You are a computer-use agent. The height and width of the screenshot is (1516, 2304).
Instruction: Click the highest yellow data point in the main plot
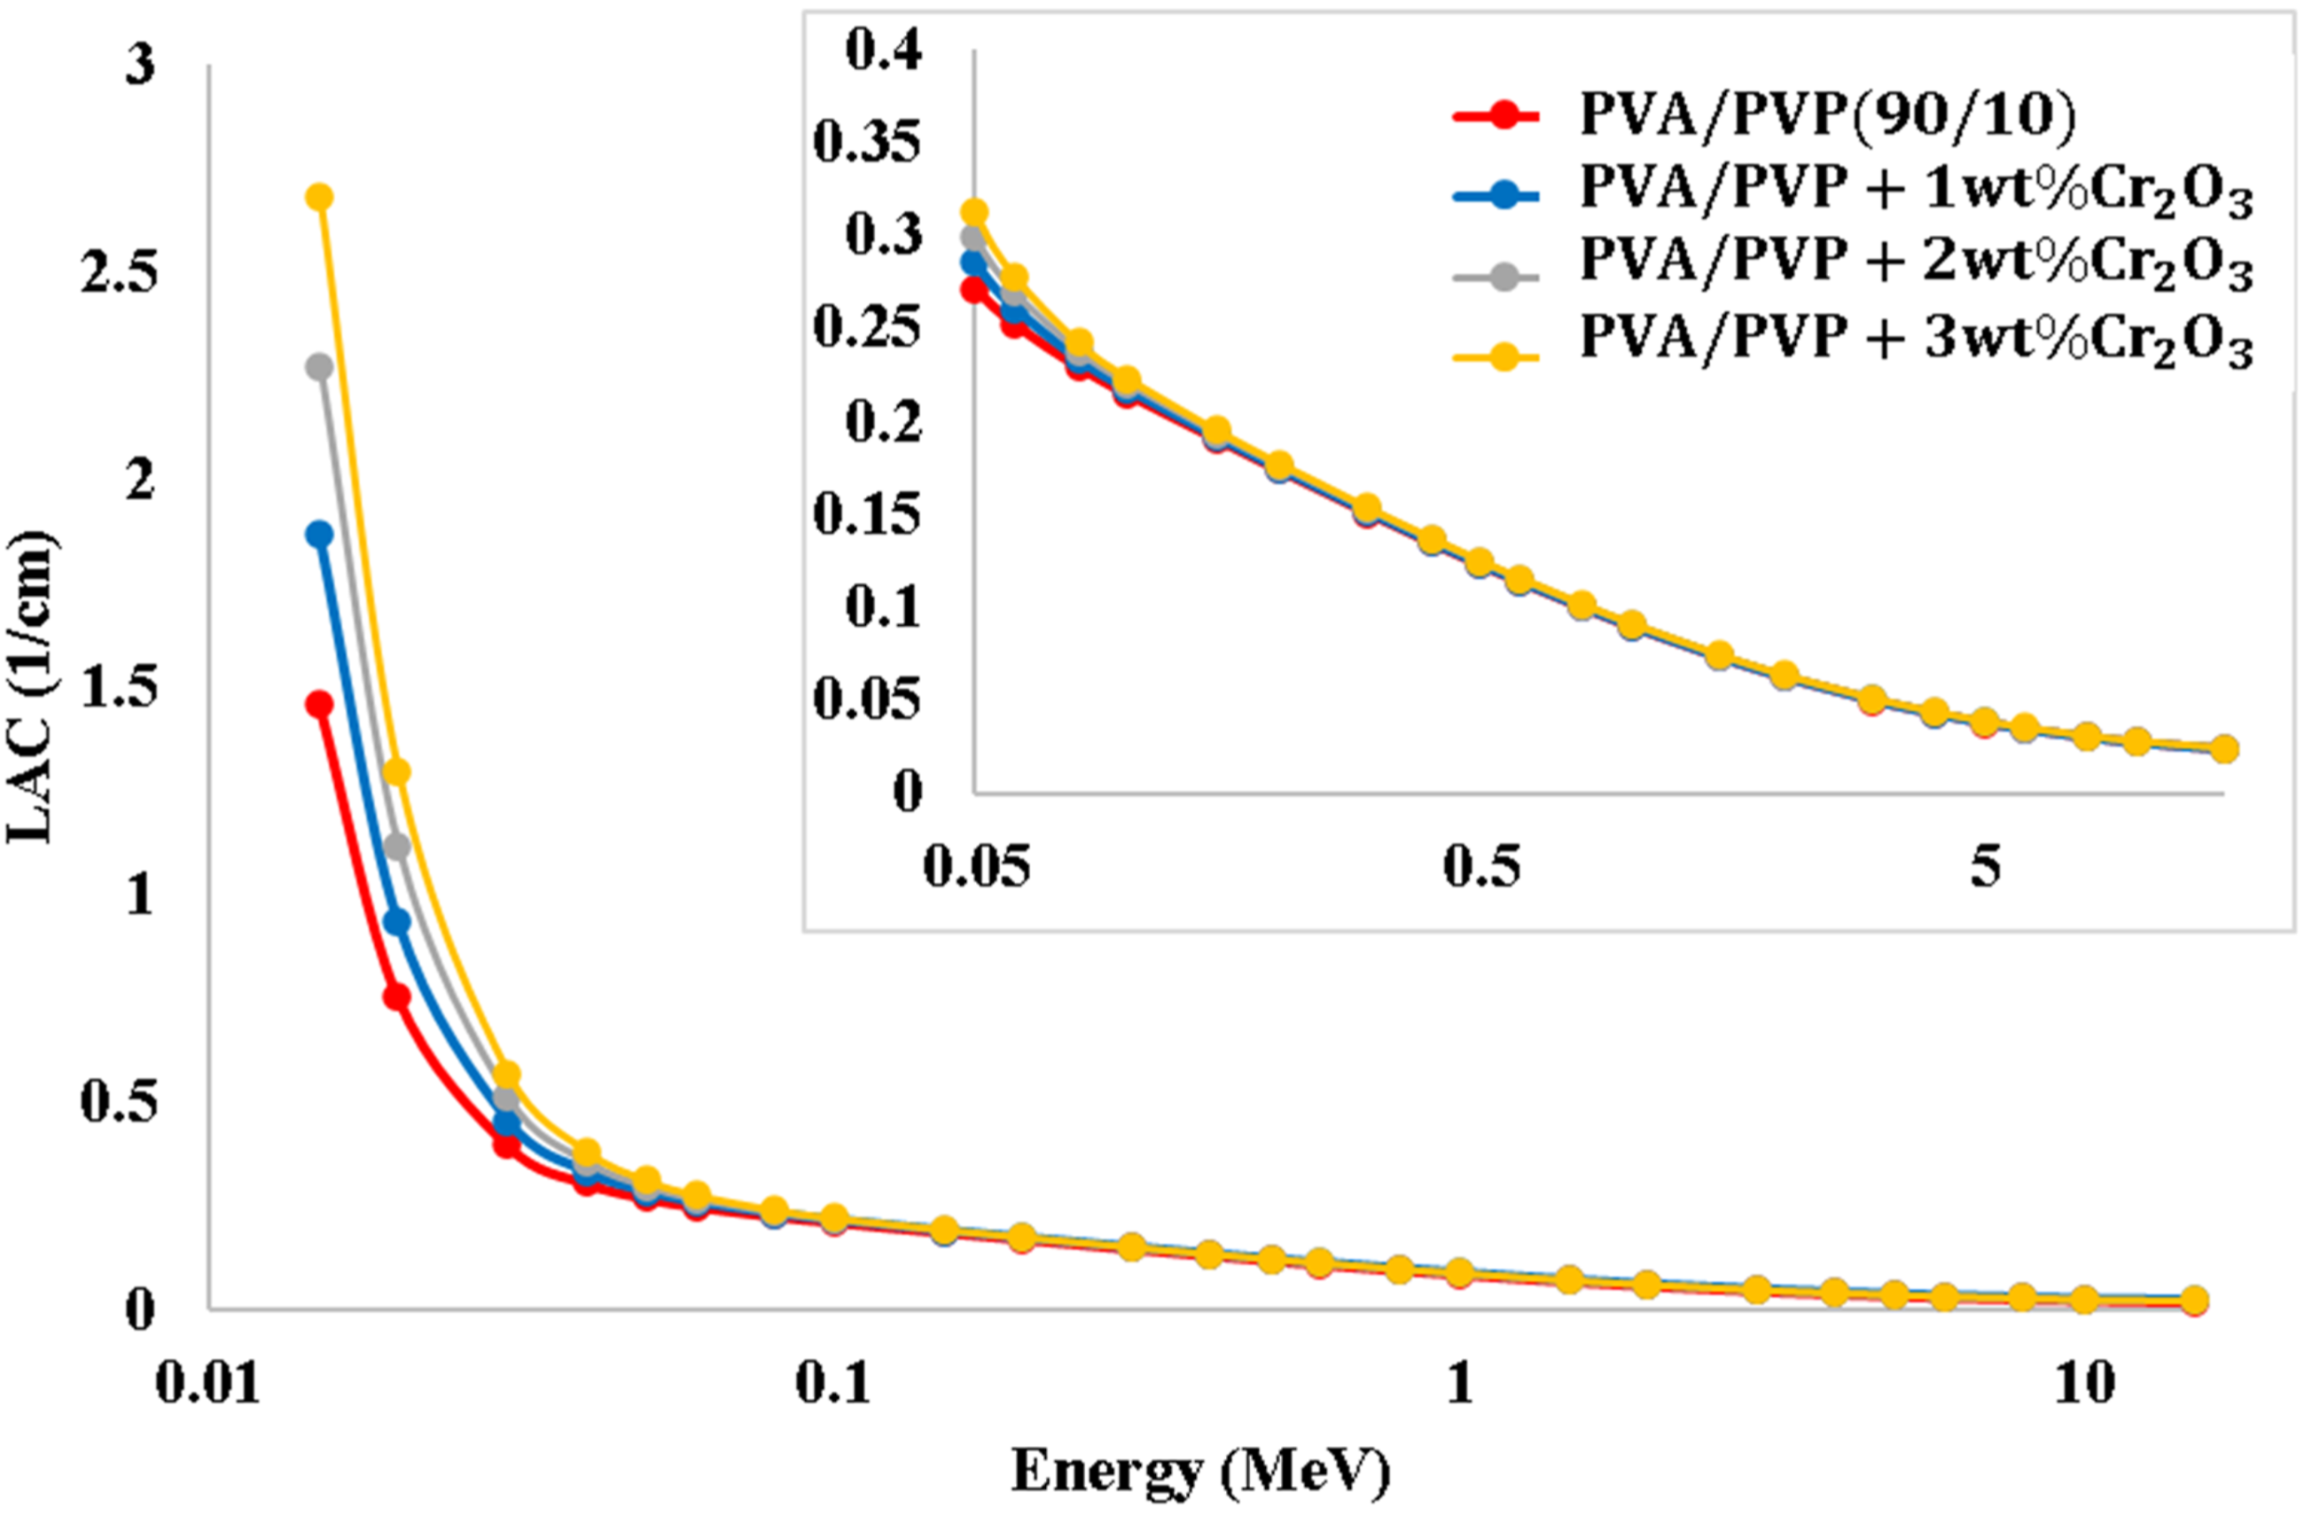tap(319, 198)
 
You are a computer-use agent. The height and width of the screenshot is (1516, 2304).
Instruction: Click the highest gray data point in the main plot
tap(319, 367)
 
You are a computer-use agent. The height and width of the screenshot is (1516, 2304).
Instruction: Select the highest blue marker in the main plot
tap(319, 535)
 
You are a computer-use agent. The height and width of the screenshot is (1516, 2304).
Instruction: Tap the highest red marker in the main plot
tap(319, 704)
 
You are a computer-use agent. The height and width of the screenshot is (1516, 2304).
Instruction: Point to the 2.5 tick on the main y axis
tap(118, 274)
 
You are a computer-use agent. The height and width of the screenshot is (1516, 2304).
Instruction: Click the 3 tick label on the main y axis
tap(140, 66)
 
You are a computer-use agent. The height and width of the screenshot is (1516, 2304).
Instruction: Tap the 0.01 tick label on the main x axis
tap(208, 1383)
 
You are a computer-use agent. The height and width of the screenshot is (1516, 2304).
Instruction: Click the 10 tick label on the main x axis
tap(2084, 1383)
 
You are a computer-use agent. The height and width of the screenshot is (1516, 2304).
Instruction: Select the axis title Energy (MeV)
tap(1200, 1472)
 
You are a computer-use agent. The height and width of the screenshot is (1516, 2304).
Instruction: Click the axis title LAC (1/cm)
tap(31, 687)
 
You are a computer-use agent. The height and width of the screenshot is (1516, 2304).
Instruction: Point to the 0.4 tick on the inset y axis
tap(884, 51)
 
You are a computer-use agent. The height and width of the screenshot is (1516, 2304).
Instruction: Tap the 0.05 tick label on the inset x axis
tap(976, 866)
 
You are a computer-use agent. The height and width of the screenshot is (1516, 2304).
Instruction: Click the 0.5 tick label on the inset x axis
tap(1481, 866)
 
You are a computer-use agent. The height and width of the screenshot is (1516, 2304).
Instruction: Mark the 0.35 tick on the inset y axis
tap(867, 144)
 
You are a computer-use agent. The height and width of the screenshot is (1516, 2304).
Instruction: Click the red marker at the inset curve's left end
tap(974, 289)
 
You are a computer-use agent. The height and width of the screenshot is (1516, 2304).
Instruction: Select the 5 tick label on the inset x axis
tap(1986, 866)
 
